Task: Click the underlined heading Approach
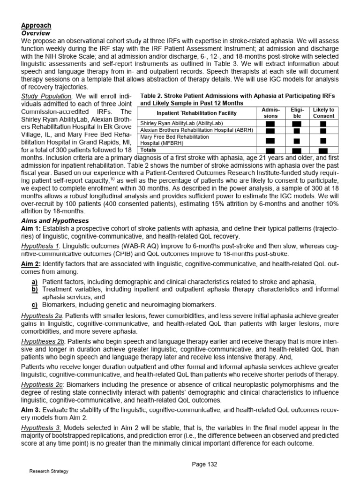(36, 25)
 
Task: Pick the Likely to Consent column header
(323, 113)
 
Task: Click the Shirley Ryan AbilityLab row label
(178, 124)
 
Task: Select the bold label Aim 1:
(31, 228)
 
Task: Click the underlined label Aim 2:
(31, 264)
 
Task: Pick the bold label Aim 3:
(31, 411)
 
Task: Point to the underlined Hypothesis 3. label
(41, 428)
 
